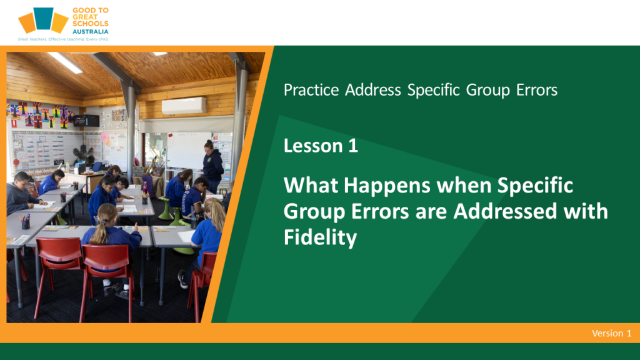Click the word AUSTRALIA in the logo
coord(90,31)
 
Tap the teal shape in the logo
coord(43,18)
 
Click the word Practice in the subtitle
coord(311,90)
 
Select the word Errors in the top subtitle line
coord(536,90)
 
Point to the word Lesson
coord(312,146)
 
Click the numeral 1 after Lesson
coord(353,146)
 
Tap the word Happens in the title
coord(387,186)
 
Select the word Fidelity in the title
coord(320,237)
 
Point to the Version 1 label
coord(611,333)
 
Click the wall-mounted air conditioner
coord(184,106)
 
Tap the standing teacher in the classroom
coord(212,166)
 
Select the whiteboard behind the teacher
coord(188,150)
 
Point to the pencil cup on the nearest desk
coord(25,222)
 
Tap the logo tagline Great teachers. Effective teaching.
coord(63,39)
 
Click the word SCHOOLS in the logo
coord(90,24)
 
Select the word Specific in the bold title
coord(535,186)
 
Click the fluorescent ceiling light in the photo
coord(65,62)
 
